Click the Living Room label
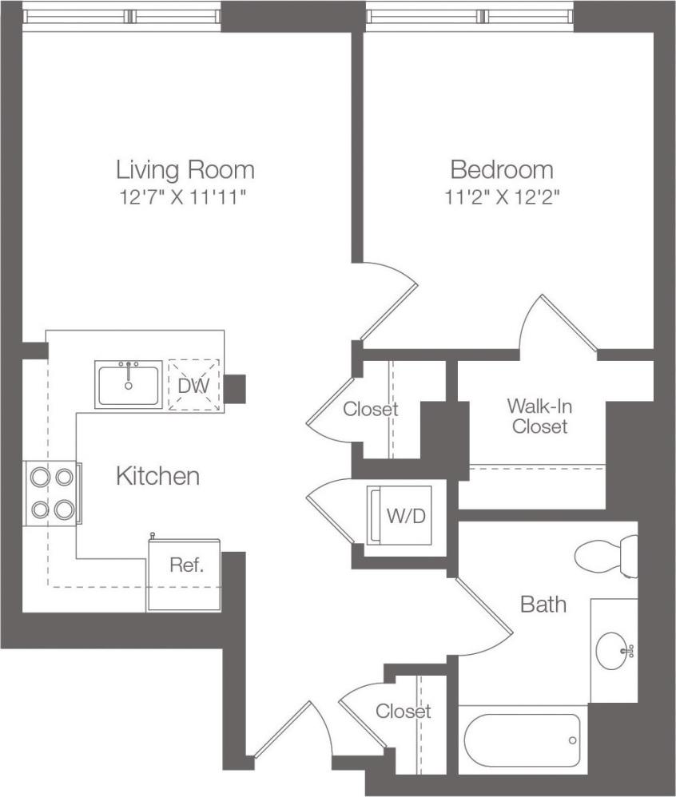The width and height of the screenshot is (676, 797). [x=185, y=169]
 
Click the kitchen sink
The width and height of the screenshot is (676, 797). [x=129, y=385]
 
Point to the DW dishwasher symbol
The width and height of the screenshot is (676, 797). [x=194, y=386]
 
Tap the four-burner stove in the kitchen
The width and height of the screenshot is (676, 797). [x=52, y=493]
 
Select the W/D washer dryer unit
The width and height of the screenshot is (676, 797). [x=399, y=516]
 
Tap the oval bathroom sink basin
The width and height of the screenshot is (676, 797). [x=614, y=651]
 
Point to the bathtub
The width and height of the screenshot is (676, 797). [x=523, y=740]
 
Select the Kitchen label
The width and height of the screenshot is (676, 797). [x=157, y=477]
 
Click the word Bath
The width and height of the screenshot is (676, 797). [x=543, y=604]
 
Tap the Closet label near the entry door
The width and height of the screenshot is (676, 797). [x=403, y=711]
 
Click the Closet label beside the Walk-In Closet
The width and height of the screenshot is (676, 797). [x=370, y=410]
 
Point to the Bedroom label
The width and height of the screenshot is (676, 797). [x=502, y=169]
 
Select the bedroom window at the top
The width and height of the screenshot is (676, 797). [x=470, y=16]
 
